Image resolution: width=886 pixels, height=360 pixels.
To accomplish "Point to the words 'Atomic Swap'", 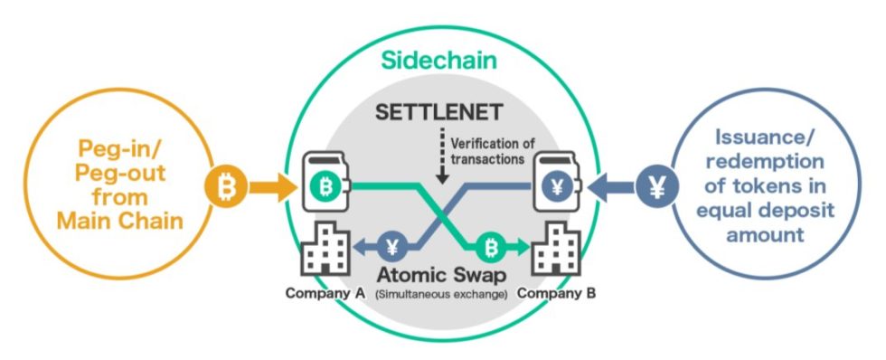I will click(443, 273).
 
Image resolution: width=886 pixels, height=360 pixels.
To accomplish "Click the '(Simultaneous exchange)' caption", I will click(443, 294).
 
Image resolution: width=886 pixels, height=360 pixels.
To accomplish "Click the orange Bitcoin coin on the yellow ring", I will click(228, 187).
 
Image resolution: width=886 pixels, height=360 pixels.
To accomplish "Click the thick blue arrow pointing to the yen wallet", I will click(609, 188).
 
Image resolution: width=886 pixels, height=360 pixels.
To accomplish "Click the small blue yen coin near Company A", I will click(392, 246).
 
